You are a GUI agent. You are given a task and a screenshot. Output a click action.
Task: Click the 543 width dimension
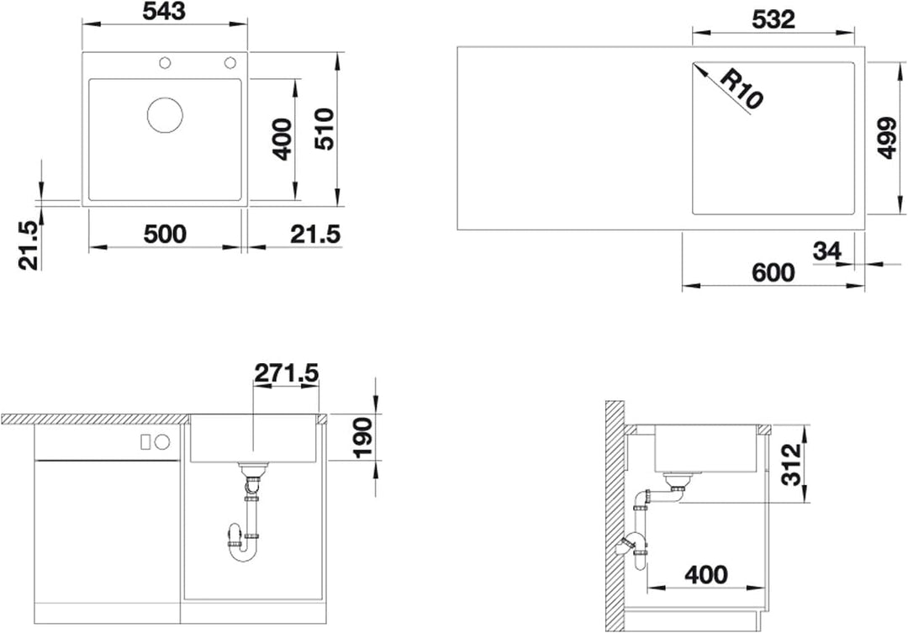click(165, 11)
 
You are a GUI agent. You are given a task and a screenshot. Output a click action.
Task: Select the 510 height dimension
click(325, 129)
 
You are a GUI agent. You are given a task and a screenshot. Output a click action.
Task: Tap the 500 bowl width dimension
click(165, 235)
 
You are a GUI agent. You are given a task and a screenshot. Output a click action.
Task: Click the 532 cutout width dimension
click(773, 19)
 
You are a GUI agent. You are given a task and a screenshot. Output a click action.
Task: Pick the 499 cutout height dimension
click(887, 138)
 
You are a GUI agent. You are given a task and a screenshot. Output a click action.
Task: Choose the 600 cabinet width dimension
click(773, 272)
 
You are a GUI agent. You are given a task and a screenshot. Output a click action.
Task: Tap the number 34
click(827, 252)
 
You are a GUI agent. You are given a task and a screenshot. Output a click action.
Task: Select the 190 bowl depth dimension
click(364, 438)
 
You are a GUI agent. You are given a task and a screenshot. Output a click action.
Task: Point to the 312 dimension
click(791, 464)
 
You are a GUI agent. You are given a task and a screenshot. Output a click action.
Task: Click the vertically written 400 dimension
click(282, 139)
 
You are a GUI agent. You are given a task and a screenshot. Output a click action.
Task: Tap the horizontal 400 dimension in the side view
click(706, 575)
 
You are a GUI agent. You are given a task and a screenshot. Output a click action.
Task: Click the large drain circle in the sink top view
click(165, 114)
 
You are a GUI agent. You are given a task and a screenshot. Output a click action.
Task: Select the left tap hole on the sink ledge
click(165, 62)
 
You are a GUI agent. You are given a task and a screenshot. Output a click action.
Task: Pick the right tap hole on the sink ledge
click(230, 62)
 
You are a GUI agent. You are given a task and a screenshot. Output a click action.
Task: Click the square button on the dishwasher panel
click(146, 442)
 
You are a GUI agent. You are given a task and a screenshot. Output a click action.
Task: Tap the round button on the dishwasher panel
click(163, 442)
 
